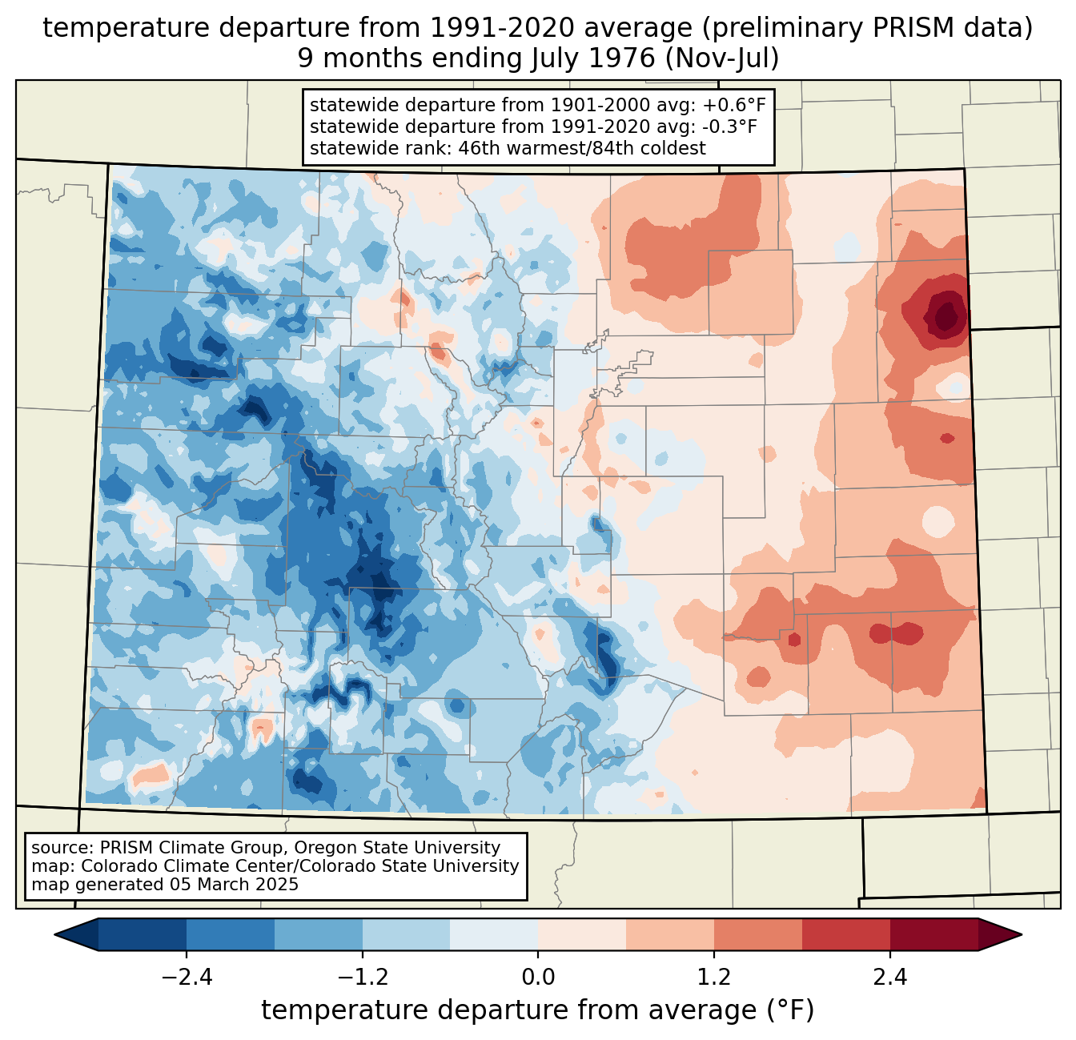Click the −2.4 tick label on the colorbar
[187, 978]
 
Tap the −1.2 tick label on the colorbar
[362, 978]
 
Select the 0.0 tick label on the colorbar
[538, 978]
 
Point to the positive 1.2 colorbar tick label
[713, 978]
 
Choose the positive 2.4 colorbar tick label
[889, 978]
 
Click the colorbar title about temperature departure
[537, 1010]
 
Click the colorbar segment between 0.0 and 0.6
[582, 934]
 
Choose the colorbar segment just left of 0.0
[494, 934]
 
